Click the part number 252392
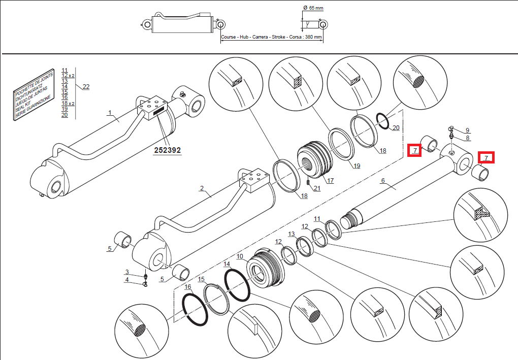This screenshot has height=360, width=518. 168,151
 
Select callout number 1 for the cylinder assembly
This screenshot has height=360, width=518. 109,113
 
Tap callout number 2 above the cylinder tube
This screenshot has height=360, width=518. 202,189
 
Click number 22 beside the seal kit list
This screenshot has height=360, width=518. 86,87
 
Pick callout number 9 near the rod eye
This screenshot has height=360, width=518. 468,130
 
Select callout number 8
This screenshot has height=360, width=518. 468,138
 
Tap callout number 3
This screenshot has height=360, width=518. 127,273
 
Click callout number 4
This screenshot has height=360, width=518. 127,280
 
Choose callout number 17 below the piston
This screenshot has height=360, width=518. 330,180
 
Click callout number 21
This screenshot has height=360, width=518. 317,189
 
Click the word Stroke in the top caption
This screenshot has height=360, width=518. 278,38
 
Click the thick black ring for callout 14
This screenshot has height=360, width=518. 237,286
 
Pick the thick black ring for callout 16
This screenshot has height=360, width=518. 195,310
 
